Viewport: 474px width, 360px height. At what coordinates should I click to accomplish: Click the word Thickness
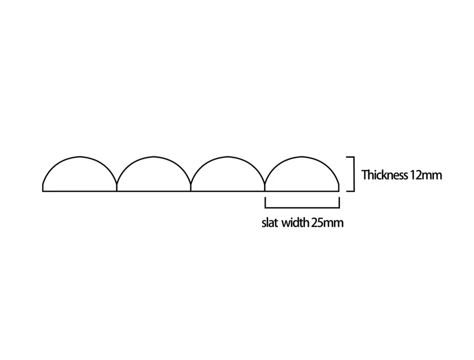click(x=385, y=175)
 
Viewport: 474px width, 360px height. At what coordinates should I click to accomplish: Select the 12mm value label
click(x=426, y=175)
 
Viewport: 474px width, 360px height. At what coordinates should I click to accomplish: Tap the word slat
click(x=270, y=223)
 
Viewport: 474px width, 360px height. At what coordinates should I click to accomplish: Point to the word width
click(x=295, y=223)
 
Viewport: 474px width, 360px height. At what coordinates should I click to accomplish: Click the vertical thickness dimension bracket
click(x=353, y=174)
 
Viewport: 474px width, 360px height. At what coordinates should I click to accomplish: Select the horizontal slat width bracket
click(x=302, y=207)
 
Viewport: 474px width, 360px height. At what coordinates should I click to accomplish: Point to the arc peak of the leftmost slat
click(x=80, y=156)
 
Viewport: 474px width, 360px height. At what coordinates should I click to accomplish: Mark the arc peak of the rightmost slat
click(x=302, y=156)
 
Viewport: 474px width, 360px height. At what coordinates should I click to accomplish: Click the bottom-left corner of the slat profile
click(x=43, y=191)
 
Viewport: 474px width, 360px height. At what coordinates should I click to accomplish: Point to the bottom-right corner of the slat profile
click(x=339, y=191)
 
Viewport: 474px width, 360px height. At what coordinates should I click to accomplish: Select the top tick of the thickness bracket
click(x=350, y=157)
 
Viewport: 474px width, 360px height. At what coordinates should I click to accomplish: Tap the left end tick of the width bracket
click(x=265, y=202)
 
